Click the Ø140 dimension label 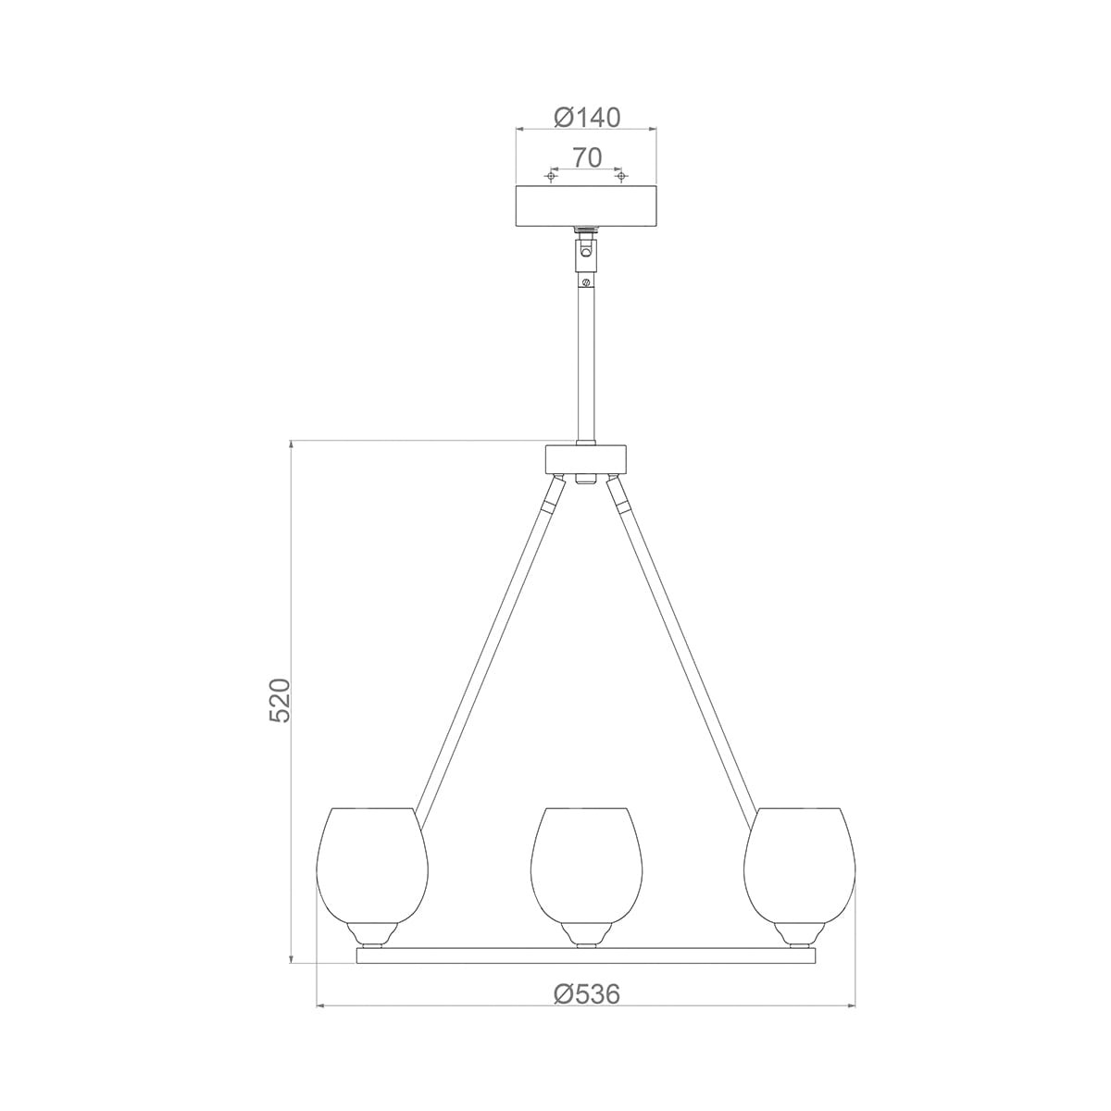tap(586, 118)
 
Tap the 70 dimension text tap(587, 157)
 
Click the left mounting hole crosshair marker tap(552, 175)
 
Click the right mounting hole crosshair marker tap(621, 175)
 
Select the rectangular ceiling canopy tap(586, 206)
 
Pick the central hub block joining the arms tap(586, 458)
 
